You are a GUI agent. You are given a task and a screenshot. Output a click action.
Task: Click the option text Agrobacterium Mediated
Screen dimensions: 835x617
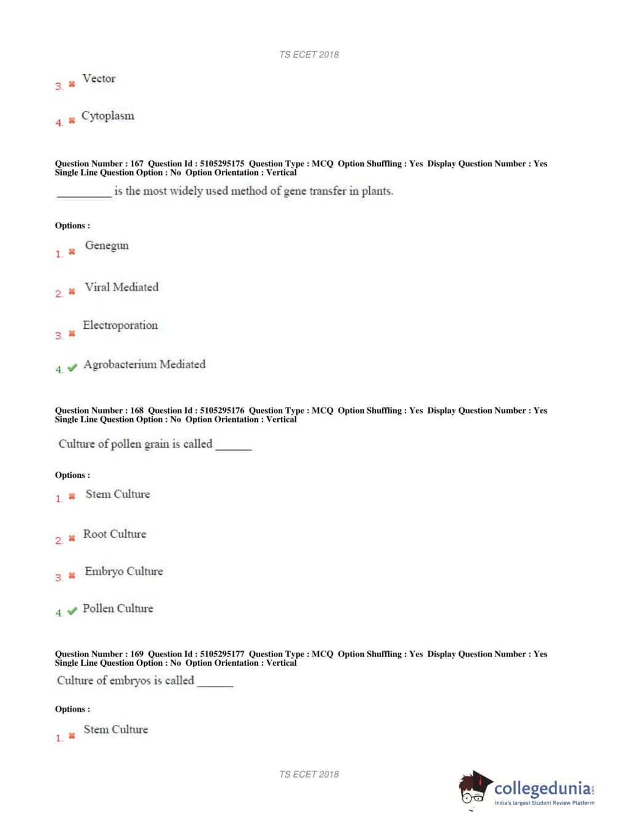pyautogui.click(x=144, y=365)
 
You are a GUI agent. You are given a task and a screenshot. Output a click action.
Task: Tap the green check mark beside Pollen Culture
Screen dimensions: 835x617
pyautogui.click(x=72, y=611)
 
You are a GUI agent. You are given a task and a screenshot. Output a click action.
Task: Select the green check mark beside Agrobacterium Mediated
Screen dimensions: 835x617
pyautogui.click(x=72, y=368)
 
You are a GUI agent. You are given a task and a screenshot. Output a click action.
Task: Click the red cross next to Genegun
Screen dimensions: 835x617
pyautogui.click(x=72, y=251)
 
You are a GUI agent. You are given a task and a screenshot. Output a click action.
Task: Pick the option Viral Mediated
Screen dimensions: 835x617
pyautogui.click(x=121, y=287)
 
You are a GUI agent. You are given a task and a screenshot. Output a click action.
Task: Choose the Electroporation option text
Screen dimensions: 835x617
pyautogui.click(x=120, y=325)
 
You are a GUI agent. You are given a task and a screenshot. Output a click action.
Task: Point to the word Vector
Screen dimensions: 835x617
pyautogui.click(x=99, y=78)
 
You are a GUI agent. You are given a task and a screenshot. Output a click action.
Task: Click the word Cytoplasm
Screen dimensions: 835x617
pyautogui.click(x=107, y=116)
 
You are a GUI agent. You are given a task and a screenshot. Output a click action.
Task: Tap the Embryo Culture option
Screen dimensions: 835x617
pyautogui.click(x=123, y=571)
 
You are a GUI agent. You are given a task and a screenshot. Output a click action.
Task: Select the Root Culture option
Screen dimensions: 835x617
pyautogui.click(x=115, y=534)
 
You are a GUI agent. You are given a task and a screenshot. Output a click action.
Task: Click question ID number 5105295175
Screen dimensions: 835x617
pyautogui.click(x=222, y=164)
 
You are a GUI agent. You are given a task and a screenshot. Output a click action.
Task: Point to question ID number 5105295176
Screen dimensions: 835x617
pyautogui.click(x=222, y=411)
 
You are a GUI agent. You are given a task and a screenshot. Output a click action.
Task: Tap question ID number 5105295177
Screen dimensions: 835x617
pyautogui.click(x=222, y=654)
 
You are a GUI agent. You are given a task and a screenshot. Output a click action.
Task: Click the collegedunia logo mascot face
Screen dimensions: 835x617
pyautogui.click(x=473, y=789)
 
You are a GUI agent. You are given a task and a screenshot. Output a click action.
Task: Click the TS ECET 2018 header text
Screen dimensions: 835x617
pyautogui.click(x=309, y=55)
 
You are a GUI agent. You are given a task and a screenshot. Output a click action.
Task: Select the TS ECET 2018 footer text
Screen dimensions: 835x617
pyautogui.click(x=309, y=775)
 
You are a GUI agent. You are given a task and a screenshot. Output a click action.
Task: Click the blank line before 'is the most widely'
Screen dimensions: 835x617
pyautogui.click(x=84, y=194)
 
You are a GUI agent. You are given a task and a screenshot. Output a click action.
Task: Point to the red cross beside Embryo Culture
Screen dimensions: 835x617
pyautogui.click(x=72, y=576)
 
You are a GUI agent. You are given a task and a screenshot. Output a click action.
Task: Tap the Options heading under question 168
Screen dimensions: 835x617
pyautogui.click(x=72, y=475)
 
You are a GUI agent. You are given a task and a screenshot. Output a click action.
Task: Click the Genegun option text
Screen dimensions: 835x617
pyautogui.click(x=107, y=245)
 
